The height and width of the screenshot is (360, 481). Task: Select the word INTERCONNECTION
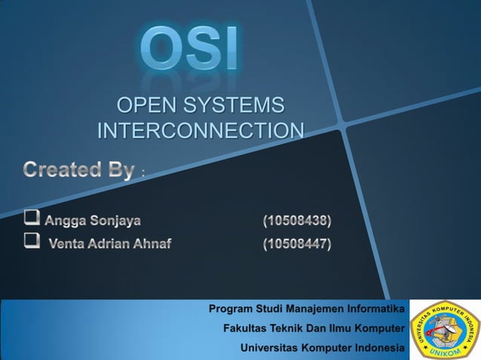pyautogui.click(x=201, y=130)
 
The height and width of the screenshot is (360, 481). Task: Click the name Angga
pyautogui.click(x=66, y=221)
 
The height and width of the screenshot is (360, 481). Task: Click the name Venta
pyautogui.click(x=66, y=243)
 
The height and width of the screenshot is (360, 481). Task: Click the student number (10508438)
pyautogui.click(x=296, y=221)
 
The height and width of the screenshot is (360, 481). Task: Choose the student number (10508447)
pyautogui.click(x=296, y=243)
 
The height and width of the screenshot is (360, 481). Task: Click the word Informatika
pyautogui.click(x=376, y=309)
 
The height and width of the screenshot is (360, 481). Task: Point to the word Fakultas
pyautogui.click(x=247, y=328)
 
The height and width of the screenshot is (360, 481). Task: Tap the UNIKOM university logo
pyautogui.click(x=444, y=329)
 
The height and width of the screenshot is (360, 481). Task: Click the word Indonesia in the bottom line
pyautogui.click(x=378, y=348)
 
